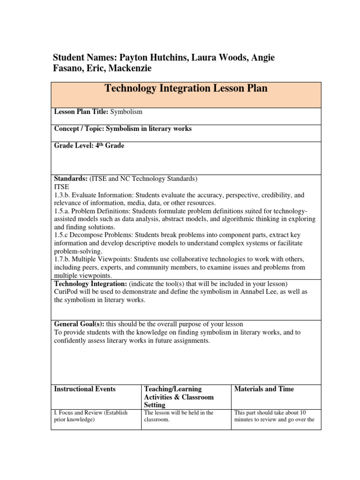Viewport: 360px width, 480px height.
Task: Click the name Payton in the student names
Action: pyautogui.click(x=135, y=58)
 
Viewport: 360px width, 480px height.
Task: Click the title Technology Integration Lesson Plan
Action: pyautogui.click(x=186, y=88)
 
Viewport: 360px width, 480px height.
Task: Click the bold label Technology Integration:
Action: pyautogui.click(x=90, y=284)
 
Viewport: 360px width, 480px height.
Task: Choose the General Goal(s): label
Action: pyautogui.click(x=80, y=324)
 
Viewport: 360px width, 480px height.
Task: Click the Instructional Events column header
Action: pyautogui.click(x=85, y=389)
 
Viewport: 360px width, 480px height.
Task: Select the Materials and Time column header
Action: pyautogui.click(x=264, y=389)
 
